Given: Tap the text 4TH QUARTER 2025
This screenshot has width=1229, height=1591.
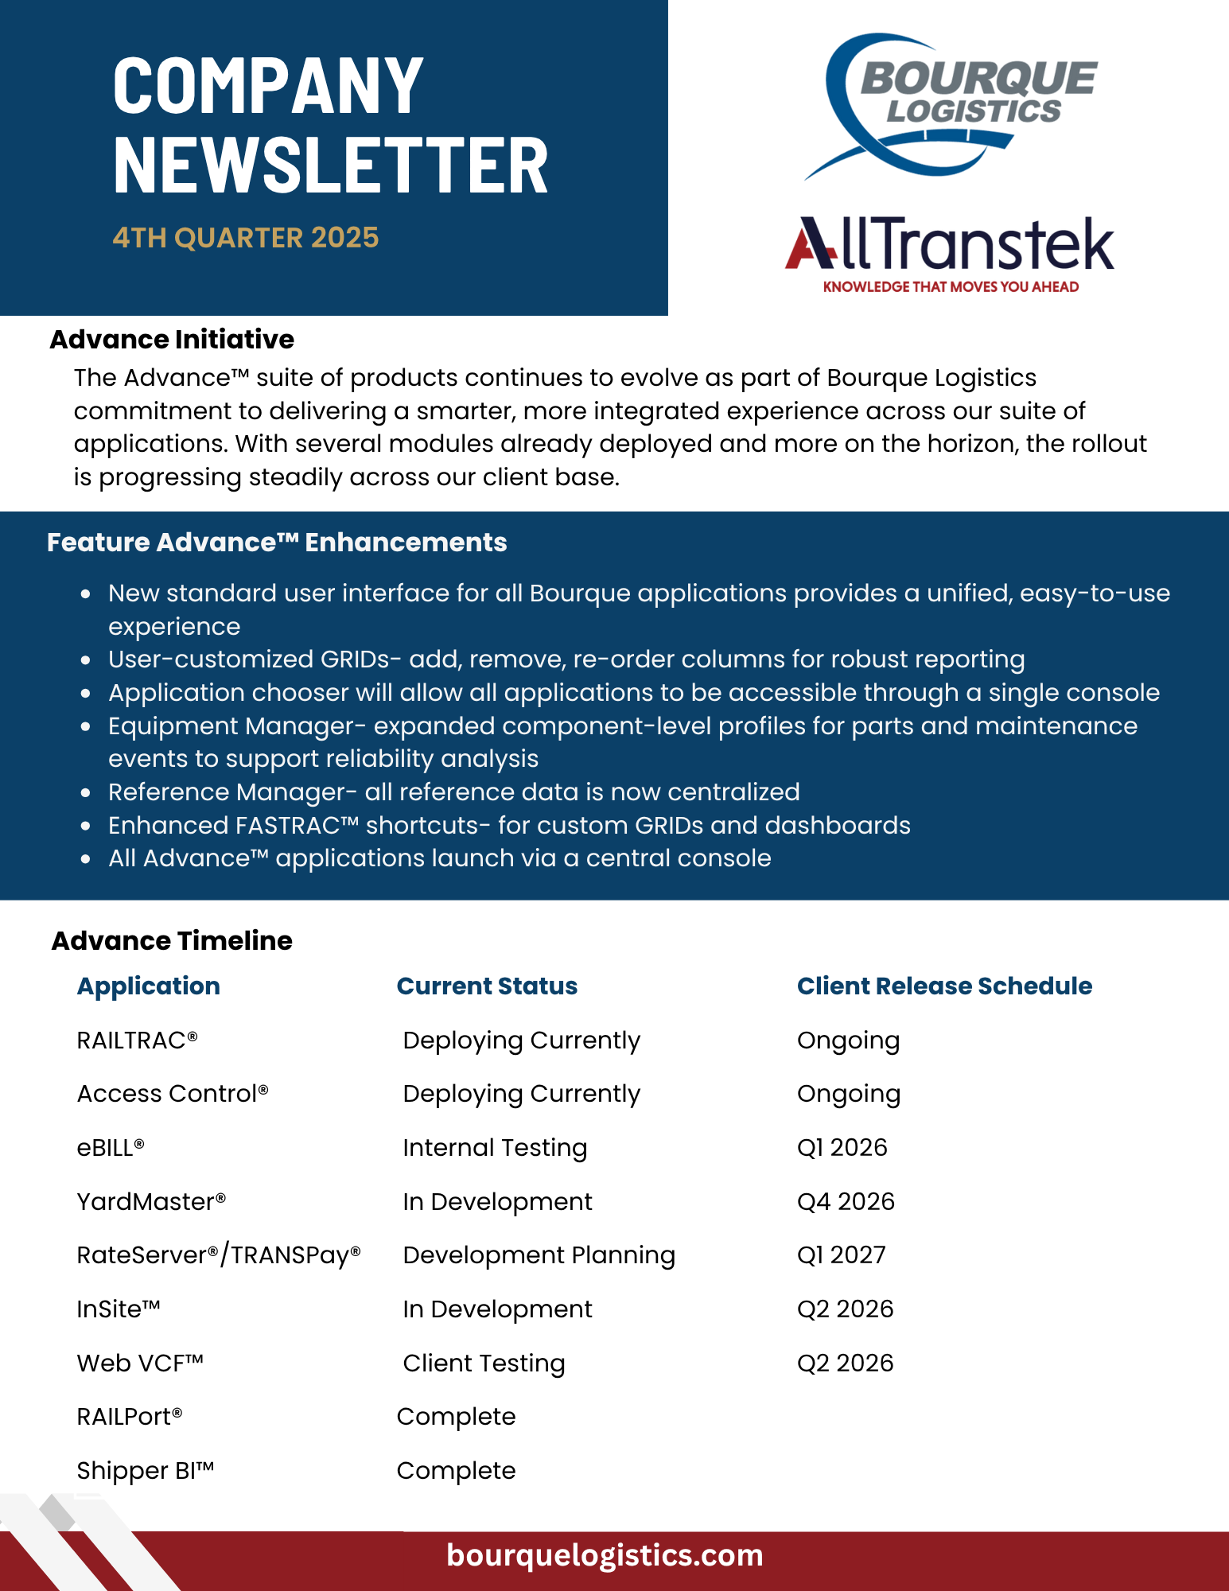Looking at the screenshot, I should point(246,238).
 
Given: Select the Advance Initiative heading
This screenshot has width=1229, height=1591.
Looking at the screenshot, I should point(172,340).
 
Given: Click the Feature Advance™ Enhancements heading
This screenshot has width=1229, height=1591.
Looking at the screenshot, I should point(277,543).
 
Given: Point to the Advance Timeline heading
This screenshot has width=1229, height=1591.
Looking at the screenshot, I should point(172,941).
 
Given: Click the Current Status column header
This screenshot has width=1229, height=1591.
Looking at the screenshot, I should point(487,986).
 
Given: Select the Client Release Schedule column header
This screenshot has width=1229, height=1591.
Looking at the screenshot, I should point(944,986).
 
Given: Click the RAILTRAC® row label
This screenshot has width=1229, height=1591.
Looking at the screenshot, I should point(137,1041).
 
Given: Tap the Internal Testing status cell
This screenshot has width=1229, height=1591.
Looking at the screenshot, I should point(495,1148).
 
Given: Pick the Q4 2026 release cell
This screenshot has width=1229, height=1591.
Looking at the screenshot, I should point(846,1201).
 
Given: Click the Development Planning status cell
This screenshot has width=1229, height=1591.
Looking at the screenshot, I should point(539,1255).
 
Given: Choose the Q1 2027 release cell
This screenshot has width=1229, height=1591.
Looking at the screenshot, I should point(842,1255).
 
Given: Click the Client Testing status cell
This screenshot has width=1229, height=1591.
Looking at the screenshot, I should point(484,1363).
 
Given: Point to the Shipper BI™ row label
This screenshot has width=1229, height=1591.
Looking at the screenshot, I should point(146,1471).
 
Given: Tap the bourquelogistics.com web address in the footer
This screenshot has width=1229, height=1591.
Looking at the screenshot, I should point(605,1555).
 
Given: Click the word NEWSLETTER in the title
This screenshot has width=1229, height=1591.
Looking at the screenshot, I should point(331,165).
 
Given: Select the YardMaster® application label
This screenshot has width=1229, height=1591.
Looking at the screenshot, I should point(151,1201).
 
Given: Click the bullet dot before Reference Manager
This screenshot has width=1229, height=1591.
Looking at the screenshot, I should point(86,793).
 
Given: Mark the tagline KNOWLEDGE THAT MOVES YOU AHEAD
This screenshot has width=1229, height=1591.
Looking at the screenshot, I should point(951,287).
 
